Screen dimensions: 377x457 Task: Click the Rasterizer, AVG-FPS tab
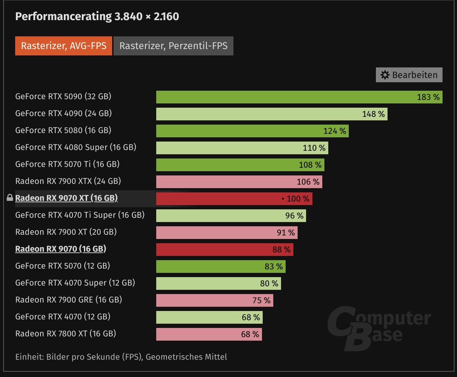point(63,46)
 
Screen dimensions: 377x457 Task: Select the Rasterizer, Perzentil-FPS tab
point(173,46)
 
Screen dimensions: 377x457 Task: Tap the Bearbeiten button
point(409,75)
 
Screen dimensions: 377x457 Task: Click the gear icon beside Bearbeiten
point(385,75)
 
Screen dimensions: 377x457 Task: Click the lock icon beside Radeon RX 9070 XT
point(10,198)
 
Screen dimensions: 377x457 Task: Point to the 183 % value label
point(428,97)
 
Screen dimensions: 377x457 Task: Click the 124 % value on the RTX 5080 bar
point(335,131)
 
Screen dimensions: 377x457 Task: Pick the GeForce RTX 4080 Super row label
point(75,147)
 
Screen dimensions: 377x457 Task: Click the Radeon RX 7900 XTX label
point(68,181)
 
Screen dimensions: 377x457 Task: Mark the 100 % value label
point(298,199)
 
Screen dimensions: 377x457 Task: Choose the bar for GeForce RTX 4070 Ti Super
point(219,216)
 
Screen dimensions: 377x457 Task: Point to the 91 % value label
point(286,233)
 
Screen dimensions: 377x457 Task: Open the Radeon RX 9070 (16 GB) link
point(61,249)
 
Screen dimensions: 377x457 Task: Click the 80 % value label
point(269,283)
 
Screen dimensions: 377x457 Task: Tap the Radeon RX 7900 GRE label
point(68,300)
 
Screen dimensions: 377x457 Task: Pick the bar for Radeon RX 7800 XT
point(197,334)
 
